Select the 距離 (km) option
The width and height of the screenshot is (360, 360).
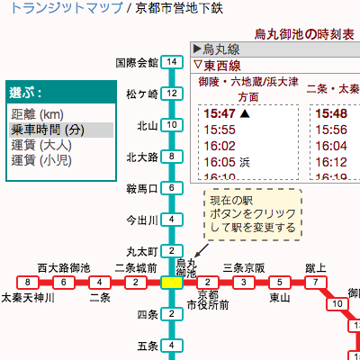pyautogui.click(x=37, y=114)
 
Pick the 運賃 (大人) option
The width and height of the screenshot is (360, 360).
pyautogui.click(x=43, y=145)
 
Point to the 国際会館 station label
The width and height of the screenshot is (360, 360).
pyautogui.click(x=137, y=63)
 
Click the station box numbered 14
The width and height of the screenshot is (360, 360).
pyautogui.click(x=171, y=63)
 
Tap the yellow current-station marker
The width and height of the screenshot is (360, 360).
pyautogui.click(x=170, y=283)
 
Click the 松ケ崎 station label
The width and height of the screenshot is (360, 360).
pyautogui.click(x=141, y=94)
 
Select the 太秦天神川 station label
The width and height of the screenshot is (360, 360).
pyautogui.click(x=28, y=298)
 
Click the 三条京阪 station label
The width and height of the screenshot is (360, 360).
pyautogui.click(x=244, y=267)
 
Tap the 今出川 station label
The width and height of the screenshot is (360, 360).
pyautogui.click(x=141, y=220)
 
